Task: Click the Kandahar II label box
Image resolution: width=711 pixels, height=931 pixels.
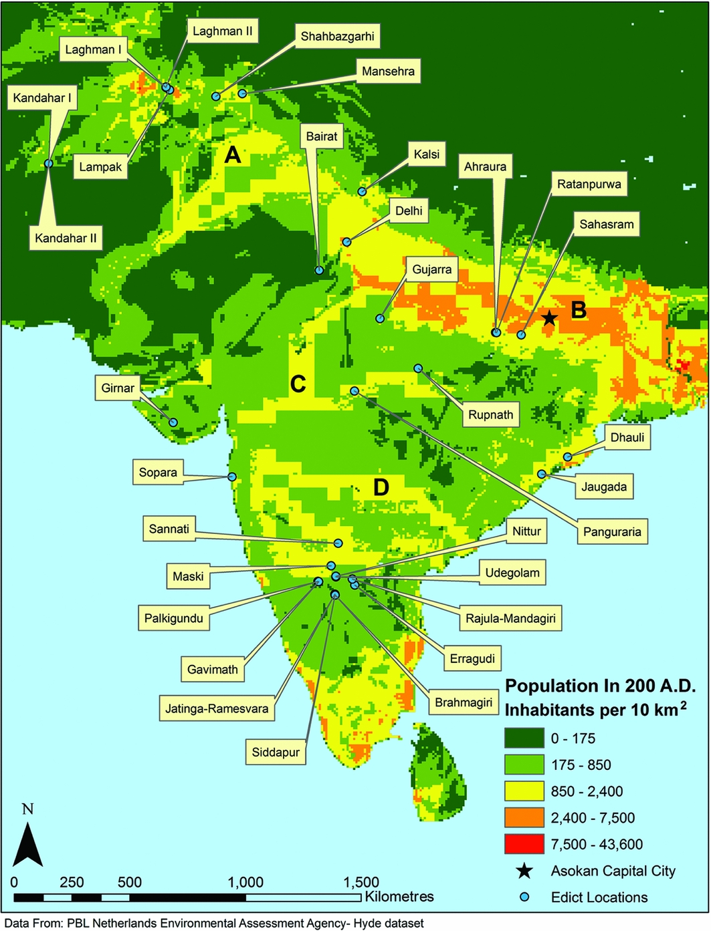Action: tap(66, 237)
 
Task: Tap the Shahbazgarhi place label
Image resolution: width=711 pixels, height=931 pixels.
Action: tap(337, 36)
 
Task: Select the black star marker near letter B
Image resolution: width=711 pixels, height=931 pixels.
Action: tap(549, 318)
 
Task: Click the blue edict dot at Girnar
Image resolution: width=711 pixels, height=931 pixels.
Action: tap(173, 422)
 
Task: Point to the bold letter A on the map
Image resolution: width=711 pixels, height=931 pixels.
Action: tap(232, 156)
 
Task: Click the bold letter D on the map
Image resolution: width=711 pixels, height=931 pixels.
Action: tap(381, 487)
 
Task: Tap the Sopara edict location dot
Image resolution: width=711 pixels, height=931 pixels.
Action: tap(232, 477)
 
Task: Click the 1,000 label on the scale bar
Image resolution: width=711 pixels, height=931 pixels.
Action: tap(245, 882)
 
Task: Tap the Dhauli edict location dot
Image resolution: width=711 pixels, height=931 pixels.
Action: tap(567, 457)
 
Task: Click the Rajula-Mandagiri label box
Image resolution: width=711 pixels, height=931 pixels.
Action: tap(510, 618)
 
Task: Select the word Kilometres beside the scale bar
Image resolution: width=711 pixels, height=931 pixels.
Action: tap(399, 896)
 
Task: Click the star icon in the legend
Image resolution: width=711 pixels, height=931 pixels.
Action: tap(524, 871)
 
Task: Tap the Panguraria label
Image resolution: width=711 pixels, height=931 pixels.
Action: tap(612, 532)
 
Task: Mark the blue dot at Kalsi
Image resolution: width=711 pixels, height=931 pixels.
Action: tap(362, 192)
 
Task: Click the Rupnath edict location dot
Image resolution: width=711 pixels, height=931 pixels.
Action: tap(418, 368)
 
